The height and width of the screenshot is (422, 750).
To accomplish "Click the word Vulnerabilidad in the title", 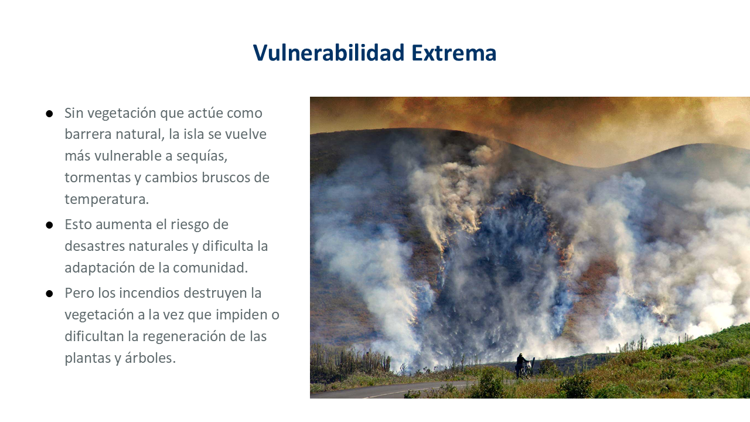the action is pos(329,53).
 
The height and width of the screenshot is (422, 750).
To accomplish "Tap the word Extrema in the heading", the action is pos(454,53).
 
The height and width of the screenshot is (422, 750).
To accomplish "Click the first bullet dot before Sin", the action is pos(49,114).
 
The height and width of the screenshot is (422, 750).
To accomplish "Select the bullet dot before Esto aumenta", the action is pos(49,225).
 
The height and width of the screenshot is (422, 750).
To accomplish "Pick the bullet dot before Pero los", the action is pos(49,294).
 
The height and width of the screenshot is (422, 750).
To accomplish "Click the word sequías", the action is pos(202,156).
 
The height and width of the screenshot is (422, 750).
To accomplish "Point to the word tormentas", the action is pos(98,178).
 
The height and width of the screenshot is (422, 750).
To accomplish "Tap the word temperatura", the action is pos(107,200).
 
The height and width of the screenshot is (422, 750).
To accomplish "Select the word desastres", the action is pos(95,246).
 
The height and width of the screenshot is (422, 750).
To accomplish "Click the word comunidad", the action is pos(210,268).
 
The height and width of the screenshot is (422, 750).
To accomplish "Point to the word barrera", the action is pos(88,134).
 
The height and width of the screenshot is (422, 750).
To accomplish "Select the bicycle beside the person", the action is pos(527,369).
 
